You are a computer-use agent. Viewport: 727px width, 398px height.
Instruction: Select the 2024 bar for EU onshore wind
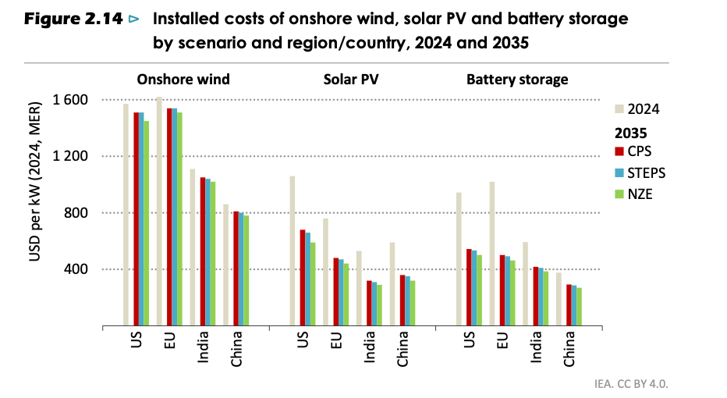[x=159, y=211]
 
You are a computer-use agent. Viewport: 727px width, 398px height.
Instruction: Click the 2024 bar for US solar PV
[x=293, y=251]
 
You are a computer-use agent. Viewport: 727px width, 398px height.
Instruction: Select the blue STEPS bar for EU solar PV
[x=341, y=293]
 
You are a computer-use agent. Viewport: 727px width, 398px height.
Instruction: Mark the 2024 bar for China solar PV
[x=392, y=284]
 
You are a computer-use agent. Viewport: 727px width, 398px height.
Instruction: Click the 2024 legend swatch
[x=620, y=109]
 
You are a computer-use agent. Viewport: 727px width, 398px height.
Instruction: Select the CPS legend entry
[x=638, y=151]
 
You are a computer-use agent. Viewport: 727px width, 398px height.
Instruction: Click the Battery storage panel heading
[x=517, y=79]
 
